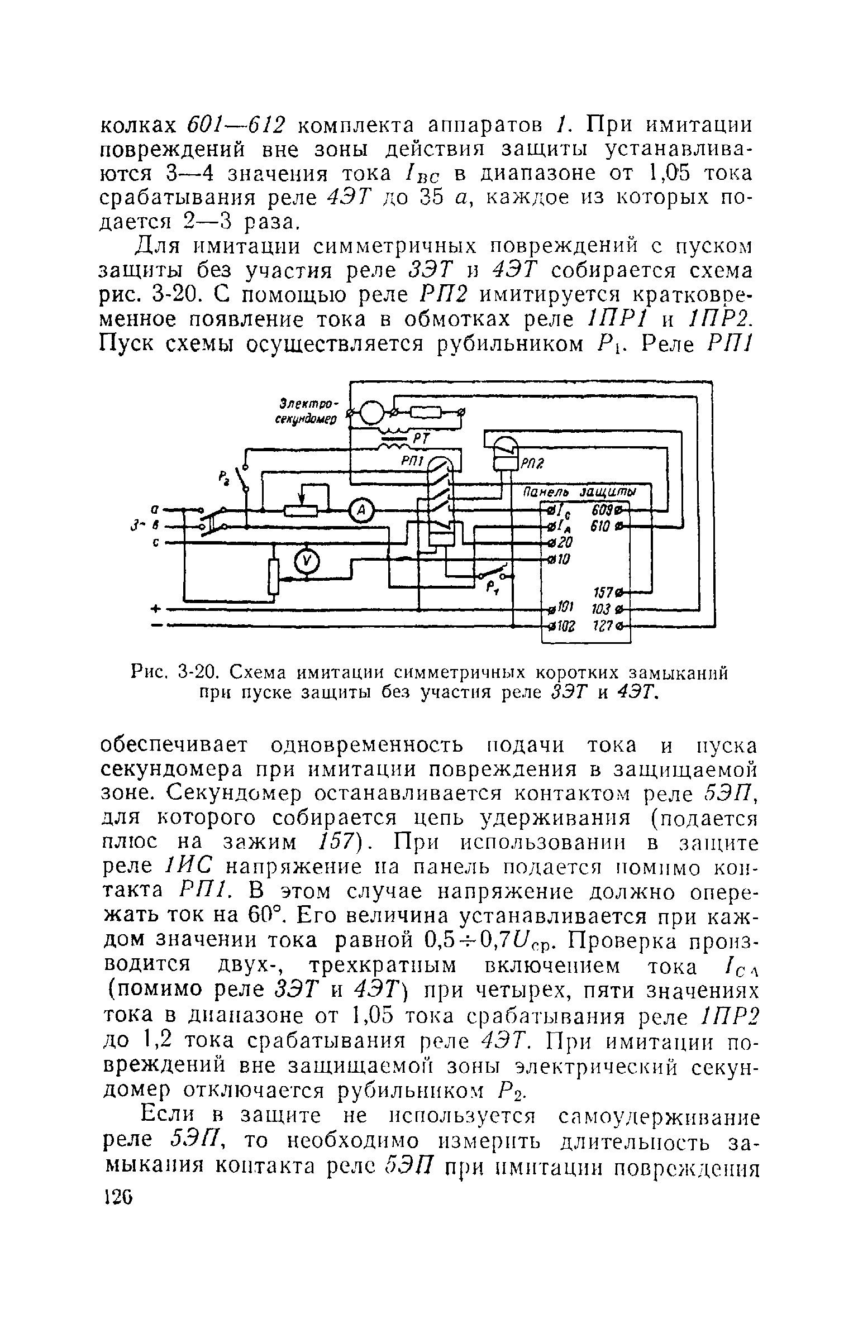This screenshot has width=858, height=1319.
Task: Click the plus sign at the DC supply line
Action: pyautogui.click(x=156, y=609)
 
